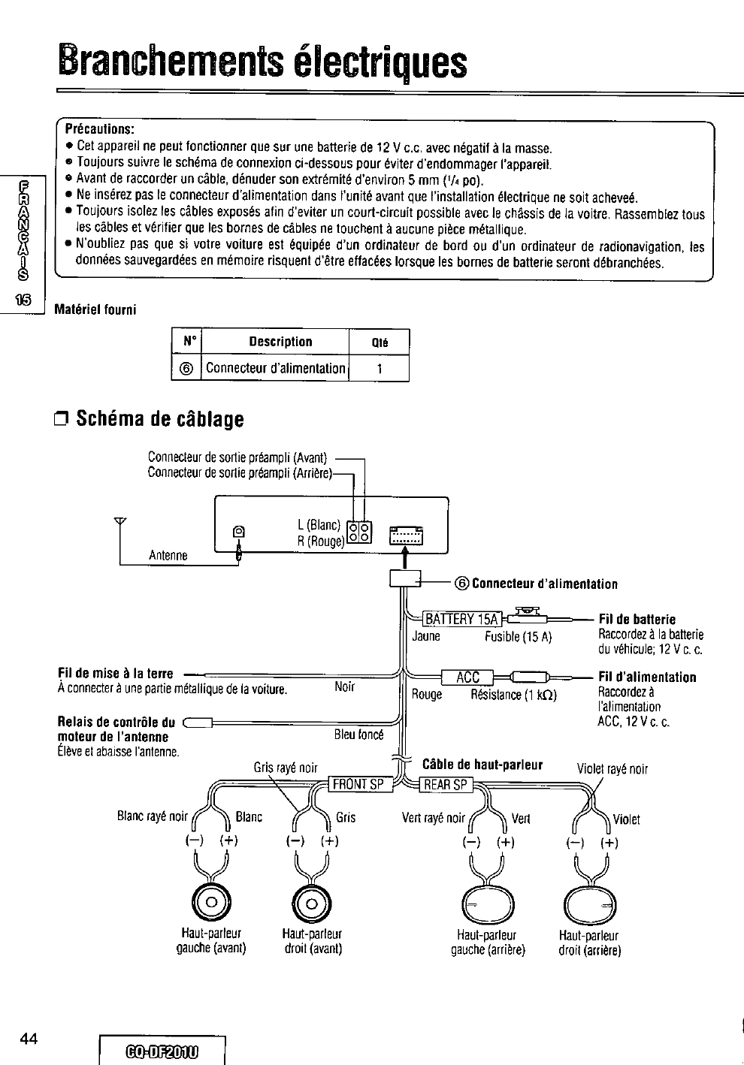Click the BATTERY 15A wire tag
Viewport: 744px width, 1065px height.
(x=461, y=619)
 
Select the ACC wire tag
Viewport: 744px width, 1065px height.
(x=467, y=677)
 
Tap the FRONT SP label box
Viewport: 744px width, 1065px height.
(x=358, y=785)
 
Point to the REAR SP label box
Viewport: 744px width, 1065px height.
(x=446, y=785)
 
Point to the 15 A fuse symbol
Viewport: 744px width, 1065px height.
(x=530, y=617)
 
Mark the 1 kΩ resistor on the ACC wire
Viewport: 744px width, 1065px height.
(x=532, y=677)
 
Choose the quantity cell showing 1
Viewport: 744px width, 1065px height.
(x=380, y=369)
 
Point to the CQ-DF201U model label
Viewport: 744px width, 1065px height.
(x=163, y=1049)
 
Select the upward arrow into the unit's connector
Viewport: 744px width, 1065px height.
(x=404, y=557)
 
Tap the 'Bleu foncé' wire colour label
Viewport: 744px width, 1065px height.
(x=358, y=734)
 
